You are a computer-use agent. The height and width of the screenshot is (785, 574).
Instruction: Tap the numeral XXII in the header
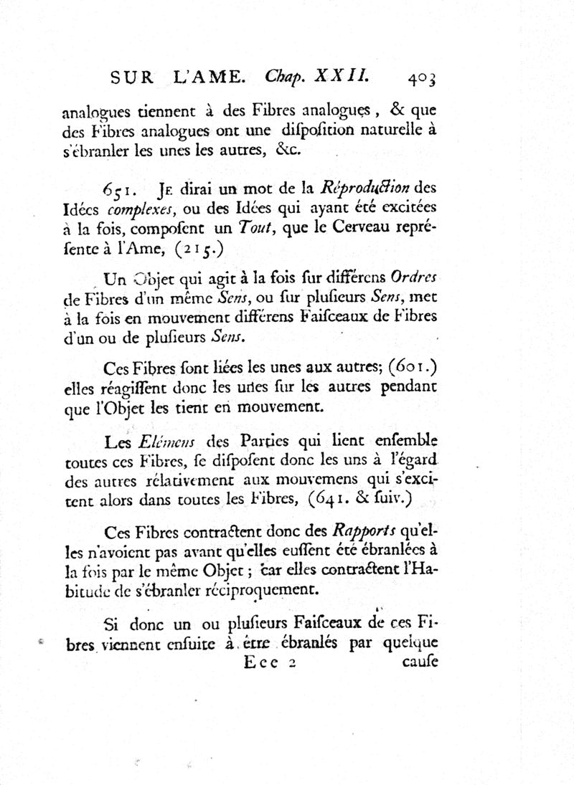pos(342,76)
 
